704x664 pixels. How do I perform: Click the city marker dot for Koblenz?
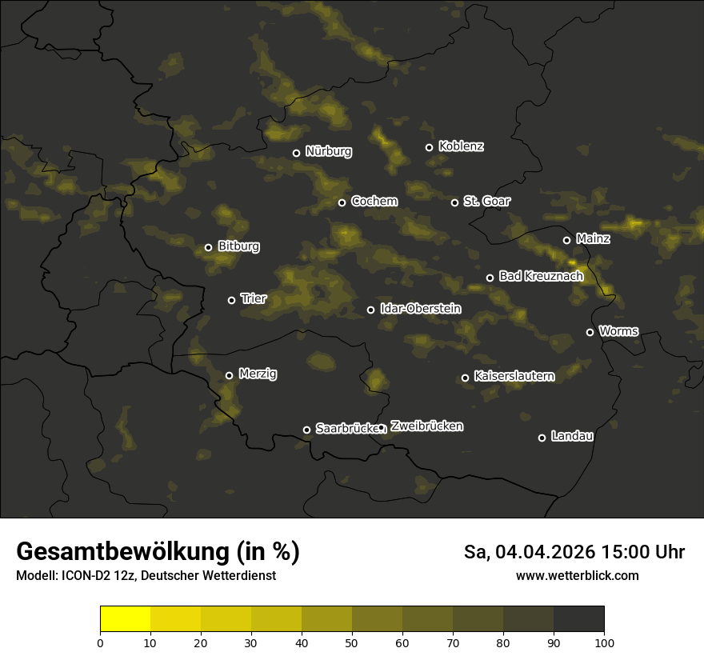click(429, 147)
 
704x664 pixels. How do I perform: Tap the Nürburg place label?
click(328, 151)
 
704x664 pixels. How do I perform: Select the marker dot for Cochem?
click(342, 202)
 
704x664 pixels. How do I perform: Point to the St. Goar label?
click(486, 201)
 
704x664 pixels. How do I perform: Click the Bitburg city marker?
click(208, 247)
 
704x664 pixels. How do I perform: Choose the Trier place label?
click(253, 298)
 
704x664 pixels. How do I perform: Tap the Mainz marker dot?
click(566, 240)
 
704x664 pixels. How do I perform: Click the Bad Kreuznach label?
click(541, 276)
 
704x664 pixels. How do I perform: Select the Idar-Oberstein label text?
click(420, 308)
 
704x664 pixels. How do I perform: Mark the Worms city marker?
click(590, 332)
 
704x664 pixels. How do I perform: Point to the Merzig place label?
click(257, 374)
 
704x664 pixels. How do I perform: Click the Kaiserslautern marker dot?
click(465, 378)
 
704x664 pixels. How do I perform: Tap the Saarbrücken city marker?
click(306, 430)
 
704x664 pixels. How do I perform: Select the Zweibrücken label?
click(426, 426)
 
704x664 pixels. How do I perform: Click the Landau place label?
click(572, 436)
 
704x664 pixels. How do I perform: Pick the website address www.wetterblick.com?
click(577, 575)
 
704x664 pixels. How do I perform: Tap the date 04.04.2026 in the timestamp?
click(544, 552)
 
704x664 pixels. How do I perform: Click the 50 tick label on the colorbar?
click(352, 642)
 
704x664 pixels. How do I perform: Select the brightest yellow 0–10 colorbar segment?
click(125, 619)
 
